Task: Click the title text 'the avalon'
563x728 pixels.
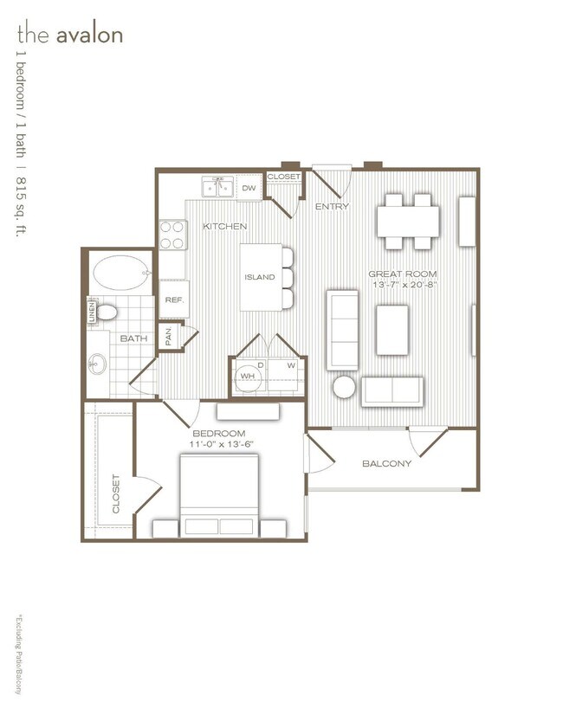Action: pos(69,35)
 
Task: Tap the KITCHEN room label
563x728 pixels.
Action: pos(225,227)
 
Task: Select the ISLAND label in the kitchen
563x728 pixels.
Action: pos(259,277)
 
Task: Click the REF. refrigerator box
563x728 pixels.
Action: pos(173,300)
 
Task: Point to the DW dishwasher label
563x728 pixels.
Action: pos(249,188)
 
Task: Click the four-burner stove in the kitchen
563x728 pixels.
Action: pos(172,234)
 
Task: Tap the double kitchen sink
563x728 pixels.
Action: pos(216,187)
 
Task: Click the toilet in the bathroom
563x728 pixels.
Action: pos(107,312)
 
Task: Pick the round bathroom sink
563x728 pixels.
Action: pos(95,366)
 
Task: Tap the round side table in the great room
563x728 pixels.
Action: pos(345,387)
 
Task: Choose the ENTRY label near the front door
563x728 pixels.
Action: pos(331,207)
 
